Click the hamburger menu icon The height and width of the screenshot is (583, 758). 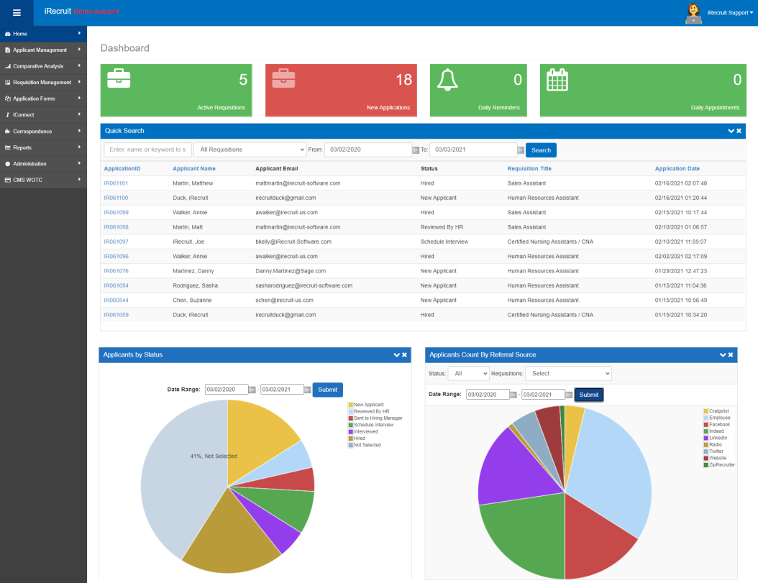click(x=17, y=13)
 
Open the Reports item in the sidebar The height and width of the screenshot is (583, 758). click(x=22, y=147)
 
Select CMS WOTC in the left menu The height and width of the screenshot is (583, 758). click(x=27, y=180)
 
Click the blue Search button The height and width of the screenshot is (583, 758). click(x=541, y=150)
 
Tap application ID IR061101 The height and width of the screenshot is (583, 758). click(x=116, y=183)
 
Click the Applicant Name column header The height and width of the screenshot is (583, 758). click(x=194, y=169)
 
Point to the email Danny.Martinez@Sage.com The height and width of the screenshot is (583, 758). click(x=291, y=271)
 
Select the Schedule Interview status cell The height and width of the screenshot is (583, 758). click(x=444, y=242)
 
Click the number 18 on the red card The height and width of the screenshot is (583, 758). click(x=403, y=80)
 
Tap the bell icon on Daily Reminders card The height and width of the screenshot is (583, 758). click(x=447, y=80)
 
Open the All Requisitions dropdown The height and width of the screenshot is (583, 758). click(x=250, y=150)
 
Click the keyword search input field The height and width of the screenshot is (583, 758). click(x=147, y=150)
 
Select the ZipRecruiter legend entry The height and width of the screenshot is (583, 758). click(x=719, y=465)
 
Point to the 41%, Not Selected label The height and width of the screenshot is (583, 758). click(x=214, y=456)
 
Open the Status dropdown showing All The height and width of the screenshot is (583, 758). click(x=468, y=374)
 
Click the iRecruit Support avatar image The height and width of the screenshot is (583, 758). click(x=694, y=14)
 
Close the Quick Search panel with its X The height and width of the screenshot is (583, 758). click(x=739, y=131)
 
